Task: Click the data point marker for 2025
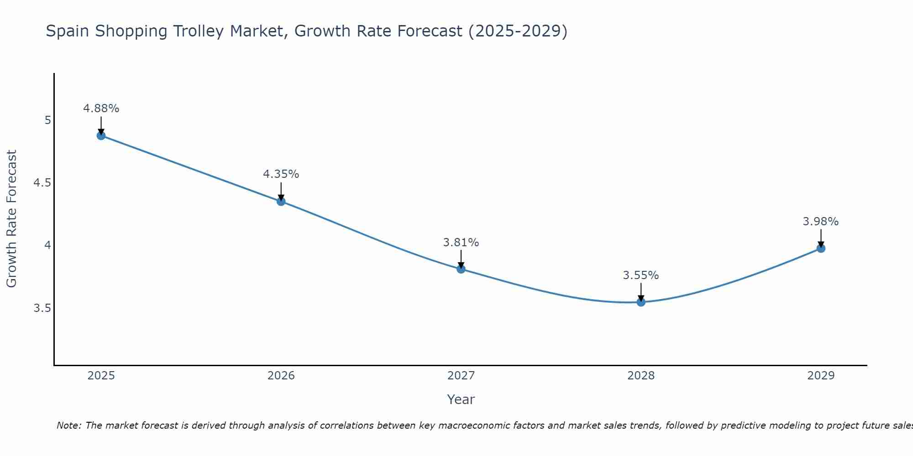(x=101, y=135)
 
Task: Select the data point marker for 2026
(x=281, y=201)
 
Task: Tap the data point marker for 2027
(x=461, y=269)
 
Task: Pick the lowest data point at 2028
(x=641, y=302)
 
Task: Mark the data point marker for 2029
(x=821, y=249)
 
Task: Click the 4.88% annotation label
(x=101, y=109)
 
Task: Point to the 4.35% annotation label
(x=281, y=174)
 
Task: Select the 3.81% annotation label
(x=461, y=243)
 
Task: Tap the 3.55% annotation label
(x=641, y=275)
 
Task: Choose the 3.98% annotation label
(x=821, y=222)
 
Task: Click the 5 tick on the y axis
(x=47, y=120)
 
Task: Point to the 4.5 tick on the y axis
(x=42, y=183)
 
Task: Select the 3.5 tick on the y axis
(x=42, y=309)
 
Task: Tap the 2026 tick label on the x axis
(x=281, y=376)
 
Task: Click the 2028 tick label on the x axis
(x=641, y=376)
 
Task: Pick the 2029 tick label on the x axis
(x=821, y=376)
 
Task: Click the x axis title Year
(x=461, y=399)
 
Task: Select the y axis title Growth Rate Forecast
(x=11, y=219)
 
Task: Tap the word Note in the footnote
(x=68, y=425)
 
